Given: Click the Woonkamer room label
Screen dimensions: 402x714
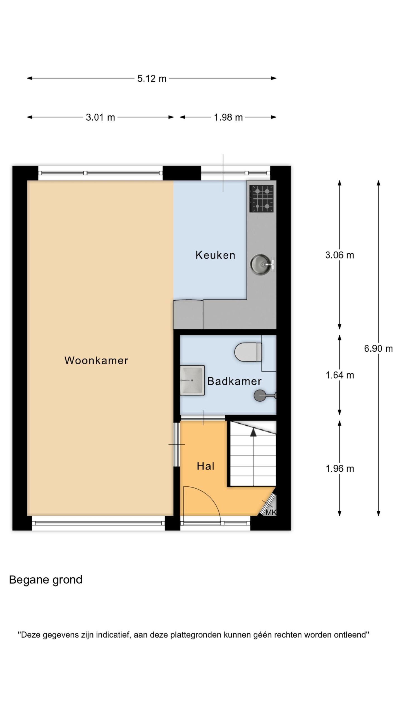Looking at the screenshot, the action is (96, 360).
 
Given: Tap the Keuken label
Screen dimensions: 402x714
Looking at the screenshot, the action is (215, 255).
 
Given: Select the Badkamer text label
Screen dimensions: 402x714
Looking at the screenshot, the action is (234, 381).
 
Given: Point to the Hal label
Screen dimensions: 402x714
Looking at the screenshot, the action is (205, 466).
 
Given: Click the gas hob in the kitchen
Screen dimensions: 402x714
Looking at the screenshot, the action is (261, 199).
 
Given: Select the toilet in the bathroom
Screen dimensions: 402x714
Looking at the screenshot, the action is (248, 352).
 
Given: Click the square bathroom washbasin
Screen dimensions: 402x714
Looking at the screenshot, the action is (192, 380).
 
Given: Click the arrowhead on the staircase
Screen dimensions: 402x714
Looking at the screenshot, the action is (253, 432).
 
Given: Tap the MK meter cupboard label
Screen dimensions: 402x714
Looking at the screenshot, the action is (270, 512).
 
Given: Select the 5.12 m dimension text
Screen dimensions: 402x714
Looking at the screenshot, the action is (152, 79).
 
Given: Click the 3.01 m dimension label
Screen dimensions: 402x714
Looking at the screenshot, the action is (100, 118).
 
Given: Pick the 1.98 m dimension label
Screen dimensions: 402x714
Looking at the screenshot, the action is (228, 118).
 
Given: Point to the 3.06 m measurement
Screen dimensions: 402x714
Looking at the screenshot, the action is (339, 255).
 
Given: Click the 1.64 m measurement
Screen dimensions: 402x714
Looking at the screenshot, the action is (340, 375).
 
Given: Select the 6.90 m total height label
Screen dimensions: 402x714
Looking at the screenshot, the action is (378, 349).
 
